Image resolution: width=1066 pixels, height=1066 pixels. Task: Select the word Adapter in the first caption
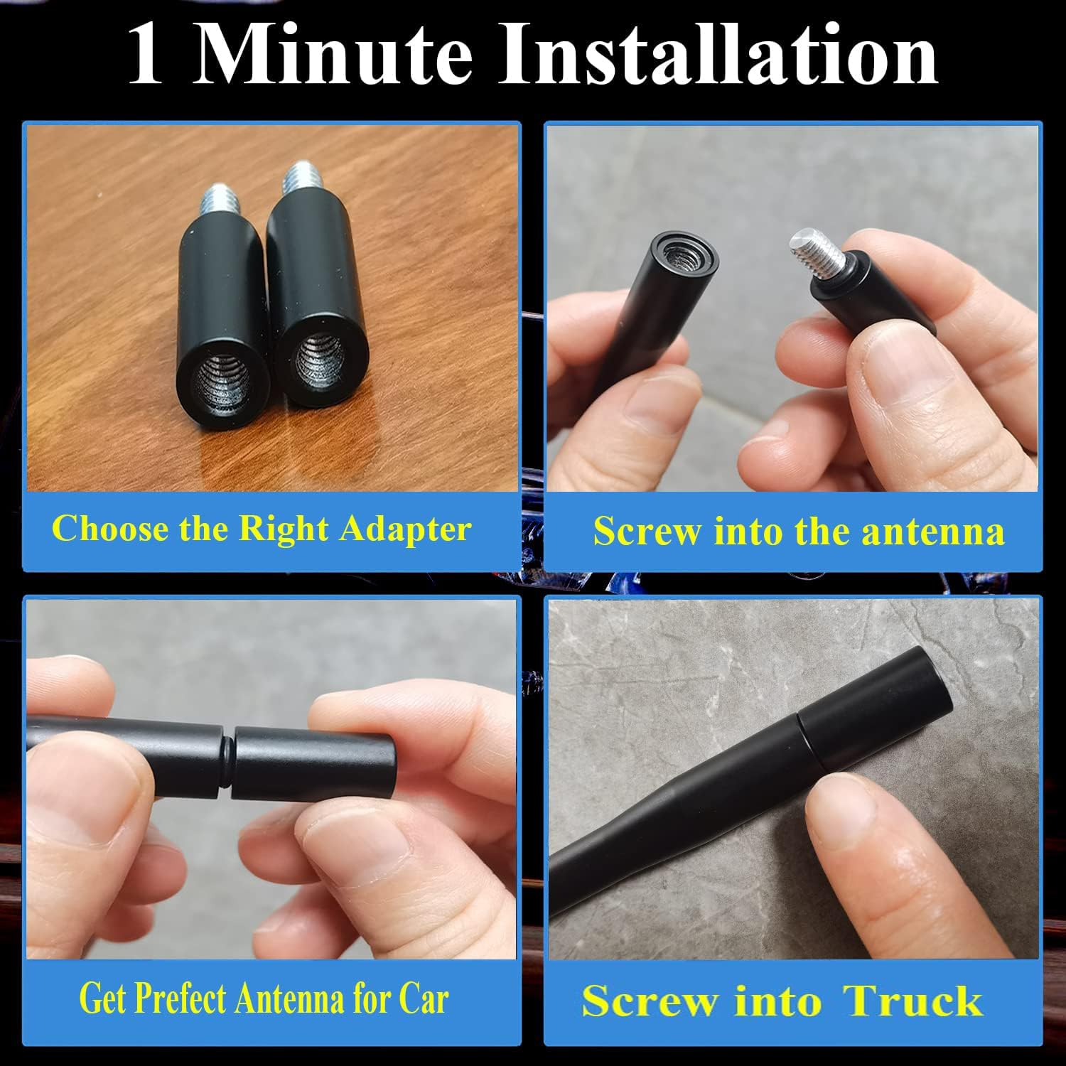click(405, 530)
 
